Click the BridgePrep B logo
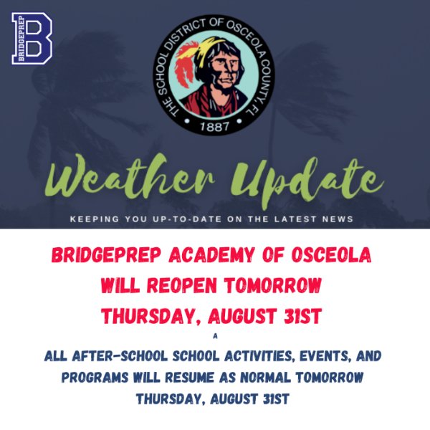pos(32,39)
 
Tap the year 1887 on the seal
pos(214,126)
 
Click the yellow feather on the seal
pos(205,51)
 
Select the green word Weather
pos(130,178)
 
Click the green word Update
pos(307,182)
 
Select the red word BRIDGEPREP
pos(106,255)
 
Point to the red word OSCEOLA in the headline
pos(332,255)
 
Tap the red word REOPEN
pos(182,285)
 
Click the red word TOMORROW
pos(273,285)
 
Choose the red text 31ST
pos(302,316)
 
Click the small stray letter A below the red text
pos(215,336)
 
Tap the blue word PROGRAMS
pos(95,378)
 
